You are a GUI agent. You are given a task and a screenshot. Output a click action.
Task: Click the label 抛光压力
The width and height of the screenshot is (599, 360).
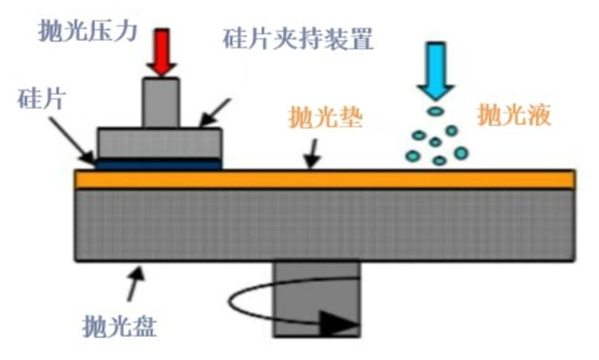click(x=87, y=32)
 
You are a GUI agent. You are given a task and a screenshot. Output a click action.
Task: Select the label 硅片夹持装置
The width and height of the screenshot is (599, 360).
click(x=298, y=40)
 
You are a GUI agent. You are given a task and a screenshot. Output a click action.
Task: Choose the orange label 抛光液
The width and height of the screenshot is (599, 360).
click(x=514, y=116)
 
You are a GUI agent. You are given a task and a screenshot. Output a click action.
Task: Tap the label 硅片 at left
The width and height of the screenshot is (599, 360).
click(x=42, y=100)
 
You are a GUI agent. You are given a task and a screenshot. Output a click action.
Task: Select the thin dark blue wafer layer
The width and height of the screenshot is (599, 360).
click(x=159, y=164)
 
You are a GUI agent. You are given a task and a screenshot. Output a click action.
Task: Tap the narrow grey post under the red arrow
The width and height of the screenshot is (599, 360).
click(x=161, y=103)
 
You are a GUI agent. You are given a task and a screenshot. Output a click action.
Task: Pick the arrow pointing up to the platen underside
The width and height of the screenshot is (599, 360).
click(x=136, y=280)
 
